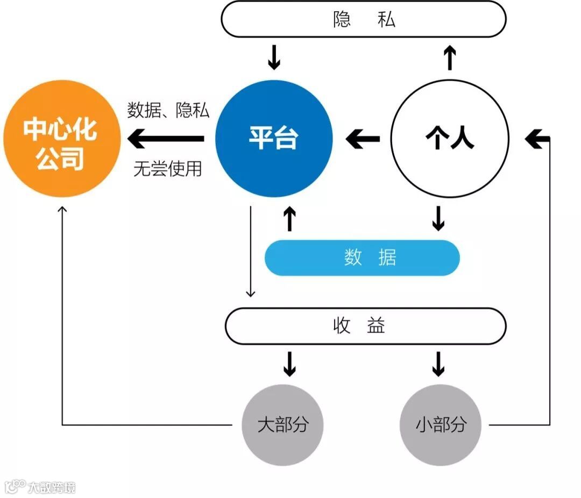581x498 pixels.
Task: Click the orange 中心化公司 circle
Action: click(x=59, y=141)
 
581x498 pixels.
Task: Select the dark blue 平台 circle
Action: click(x=274, y=139)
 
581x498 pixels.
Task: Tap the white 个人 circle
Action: click(x=449, y=139)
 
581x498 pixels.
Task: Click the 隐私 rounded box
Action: click(x=364, y=19)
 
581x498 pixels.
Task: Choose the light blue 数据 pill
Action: click(x=362, y=258)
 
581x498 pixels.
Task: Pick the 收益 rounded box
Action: click(x=365, y=326)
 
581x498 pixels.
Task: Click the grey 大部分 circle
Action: click(x=282, y=425)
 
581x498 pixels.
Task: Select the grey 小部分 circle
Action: click(x=440, y=425)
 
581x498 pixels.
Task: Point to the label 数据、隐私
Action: click(x=168, y=110)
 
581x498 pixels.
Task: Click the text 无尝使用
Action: click(x=168, y=169)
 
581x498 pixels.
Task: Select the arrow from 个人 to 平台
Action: click(x=363, y=139)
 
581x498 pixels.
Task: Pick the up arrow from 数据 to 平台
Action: click(x=289, y=219)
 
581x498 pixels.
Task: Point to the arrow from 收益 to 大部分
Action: click(x=289, y=364)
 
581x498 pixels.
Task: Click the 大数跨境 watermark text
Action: click(x=52, y=487)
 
